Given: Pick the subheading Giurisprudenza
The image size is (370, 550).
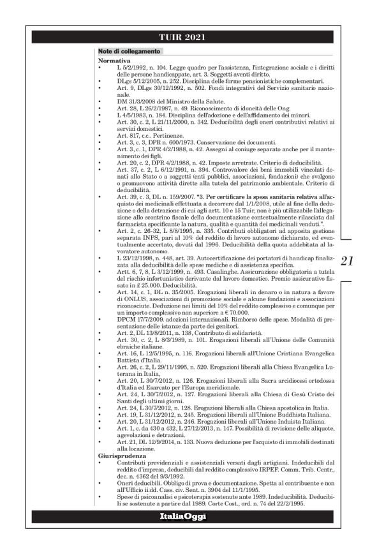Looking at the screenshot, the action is [x=117, y=457].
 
